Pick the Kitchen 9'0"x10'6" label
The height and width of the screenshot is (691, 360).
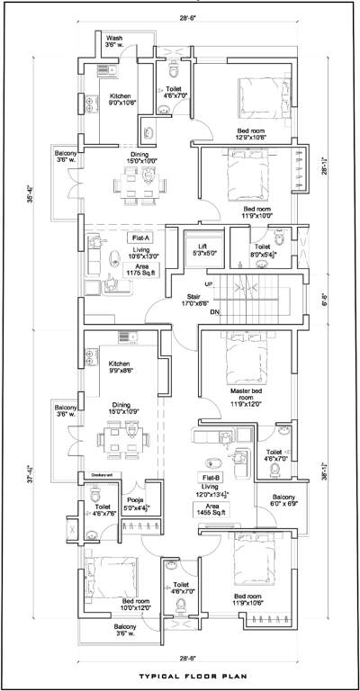122,98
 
